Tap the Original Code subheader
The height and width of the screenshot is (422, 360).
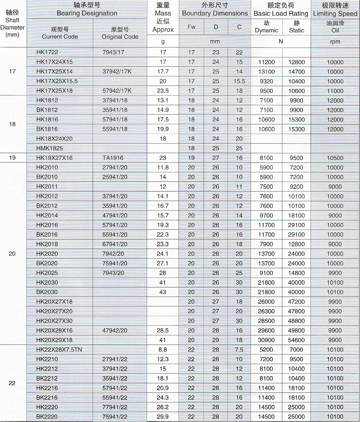pyautogui.click(x=120, y=33)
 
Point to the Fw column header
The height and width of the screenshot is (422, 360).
pyautogui.click(x=191, y=27)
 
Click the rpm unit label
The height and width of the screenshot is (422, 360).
pyautogui.click(x=335, y=42)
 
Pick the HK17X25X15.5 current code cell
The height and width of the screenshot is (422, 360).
pyautogui.click(x=57, y=81)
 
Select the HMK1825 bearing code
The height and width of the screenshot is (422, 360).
pyautogui.click(x=50, y=148)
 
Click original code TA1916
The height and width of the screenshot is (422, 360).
pyautogui.click(x=113, y=158)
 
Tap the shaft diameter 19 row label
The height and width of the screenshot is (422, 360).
pyautogui.click(x=12, y=158)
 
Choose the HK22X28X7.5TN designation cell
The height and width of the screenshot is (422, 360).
pyautogui.click(x=59, y=350)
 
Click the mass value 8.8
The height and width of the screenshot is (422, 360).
pyautogui.click(x=163, y=350)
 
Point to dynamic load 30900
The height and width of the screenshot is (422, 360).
pyautogui.click(x=266, y=340)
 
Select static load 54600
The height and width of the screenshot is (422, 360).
pyautogui.click(x=296, y=340)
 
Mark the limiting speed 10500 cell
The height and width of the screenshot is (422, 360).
pyautogui.click(x=335, y=158)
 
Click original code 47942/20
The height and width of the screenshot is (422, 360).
pyautogui.click(x=115, y=330)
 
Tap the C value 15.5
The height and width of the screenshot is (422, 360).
pyautogui.click(x=239, y=81)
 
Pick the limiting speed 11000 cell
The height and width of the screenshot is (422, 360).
pyautogui.click(x=335, y=91)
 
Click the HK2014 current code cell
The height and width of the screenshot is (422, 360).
pyautogui.click(x=47, y=215)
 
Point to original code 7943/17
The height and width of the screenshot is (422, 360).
pyautogui.click(x=113, y=52)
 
